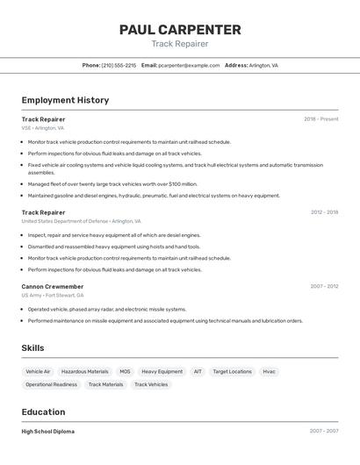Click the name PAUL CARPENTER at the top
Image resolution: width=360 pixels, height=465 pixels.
point(180,30)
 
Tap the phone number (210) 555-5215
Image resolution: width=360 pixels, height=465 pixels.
point(119,65)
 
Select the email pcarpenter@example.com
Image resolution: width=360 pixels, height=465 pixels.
point(189,65)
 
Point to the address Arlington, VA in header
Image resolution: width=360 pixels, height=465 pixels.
point(263,65)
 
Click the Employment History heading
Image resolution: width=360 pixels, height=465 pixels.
point(65,100)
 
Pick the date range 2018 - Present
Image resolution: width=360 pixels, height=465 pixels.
point(320,118)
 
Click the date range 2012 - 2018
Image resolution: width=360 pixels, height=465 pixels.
point(323,211)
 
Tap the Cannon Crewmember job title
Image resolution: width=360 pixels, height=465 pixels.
point(53,286)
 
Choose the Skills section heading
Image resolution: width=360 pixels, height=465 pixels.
point(32,347)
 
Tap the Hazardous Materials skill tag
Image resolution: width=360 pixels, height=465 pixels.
point(85,371)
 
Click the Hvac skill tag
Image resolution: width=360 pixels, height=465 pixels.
point(269,371)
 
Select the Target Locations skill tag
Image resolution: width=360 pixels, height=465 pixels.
point(232,371)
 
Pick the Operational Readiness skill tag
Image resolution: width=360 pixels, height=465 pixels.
point(51,384)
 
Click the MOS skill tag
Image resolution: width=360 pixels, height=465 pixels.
point(125,371)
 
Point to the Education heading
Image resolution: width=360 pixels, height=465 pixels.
point(43,411)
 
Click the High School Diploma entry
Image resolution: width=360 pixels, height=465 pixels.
point(47,431)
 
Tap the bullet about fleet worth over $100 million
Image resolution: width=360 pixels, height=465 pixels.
point(112,184)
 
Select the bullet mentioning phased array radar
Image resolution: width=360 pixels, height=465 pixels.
point(107,309)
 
